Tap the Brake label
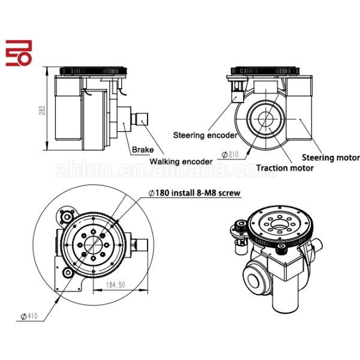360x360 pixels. coord(142,149)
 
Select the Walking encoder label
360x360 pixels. coord(181,161)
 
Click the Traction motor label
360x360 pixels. coord(285,168)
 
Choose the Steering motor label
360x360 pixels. coord(331,157)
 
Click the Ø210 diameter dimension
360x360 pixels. coord(229,154)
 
